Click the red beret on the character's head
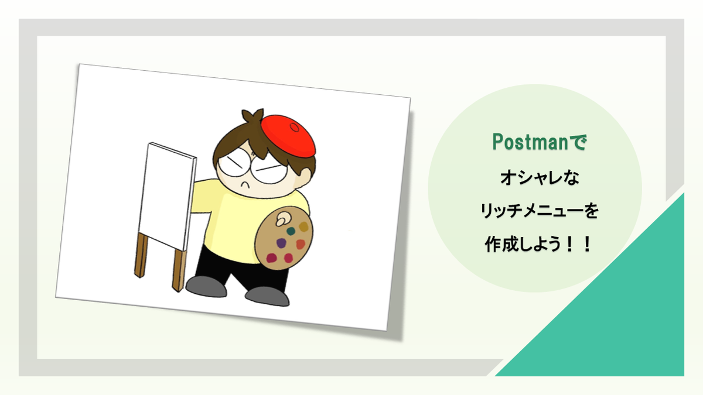[288, 136]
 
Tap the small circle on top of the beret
[295, 128]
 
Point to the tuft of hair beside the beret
[252, 116]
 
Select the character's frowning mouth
[245, 185]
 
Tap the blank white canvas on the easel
[167, 196]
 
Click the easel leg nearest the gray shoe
[179, 270]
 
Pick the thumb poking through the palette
[282, 218]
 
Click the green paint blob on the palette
[291, 231]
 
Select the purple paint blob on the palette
[281, 243]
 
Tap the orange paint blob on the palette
[301, 244]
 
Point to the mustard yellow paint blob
[303, 226]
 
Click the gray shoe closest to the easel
[206, 286]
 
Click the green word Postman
[530, 142]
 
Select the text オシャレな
[540, 178]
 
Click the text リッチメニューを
[540, 211]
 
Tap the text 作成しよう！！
[538, 244]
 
